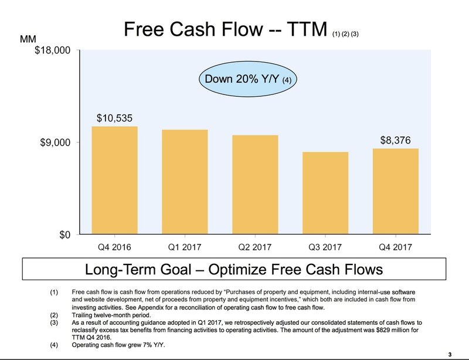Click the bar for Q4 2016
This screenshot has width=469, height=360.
click(x=114, y=180)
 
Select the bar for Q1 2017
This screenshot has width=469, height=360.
click(x=185, y=182)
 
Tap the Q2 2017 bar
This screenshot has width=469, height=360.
click(x=255, y=184)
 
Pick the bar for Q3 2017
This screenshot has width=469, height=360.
click(x=325, y=193)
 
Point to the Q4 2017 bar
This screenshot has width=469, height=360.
click(x=395, y=191)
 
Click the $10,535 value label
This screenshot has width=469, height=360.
click(x=114, y=118)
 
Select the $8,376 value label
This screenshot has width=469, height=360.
click(x=395, y=140)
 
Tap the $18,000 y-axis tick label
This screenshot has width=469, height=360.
click(x=53, y=50)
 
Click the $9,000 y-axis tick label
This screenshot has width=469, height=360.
click(x=55, y=142)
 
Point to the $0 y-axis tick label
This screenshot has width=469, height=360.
click(x=65, y=235)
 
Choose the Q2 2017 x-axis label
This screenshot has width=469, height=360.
click(x=255, y=247)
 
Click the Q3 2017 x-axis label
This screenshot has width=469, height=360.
click(x=325, y=247)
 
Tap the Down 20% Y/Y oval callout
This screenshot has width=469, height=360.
click(x=248, y=79)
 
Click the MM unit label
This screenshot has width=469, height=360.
click(x=28, y=39)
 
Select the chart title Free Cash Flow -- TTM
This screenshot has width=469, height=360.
click(x=225, y=29)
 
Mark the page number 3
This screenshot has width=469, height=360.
click(x=450, y=355)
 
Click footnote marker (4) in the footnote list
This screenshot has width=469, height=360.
click(x=54, y=345)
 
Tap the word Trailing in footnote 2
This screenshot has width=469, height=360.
click(x=82, y=315)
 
